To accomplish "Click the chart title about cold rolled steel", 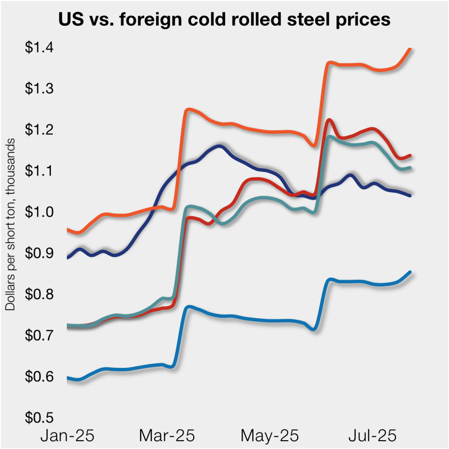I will click(x=224, y=20).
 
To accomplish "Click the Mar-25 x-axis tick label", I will click(x=167, y=436).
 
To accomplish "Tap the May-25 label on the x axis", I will click(x=269, y=436).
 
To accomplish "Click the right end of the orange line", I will click(x=410, y=49).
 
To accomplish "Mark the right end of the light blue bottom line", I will click(x=410, y=272).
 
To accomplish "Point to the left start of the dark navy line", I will click(x=68, y=258).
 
